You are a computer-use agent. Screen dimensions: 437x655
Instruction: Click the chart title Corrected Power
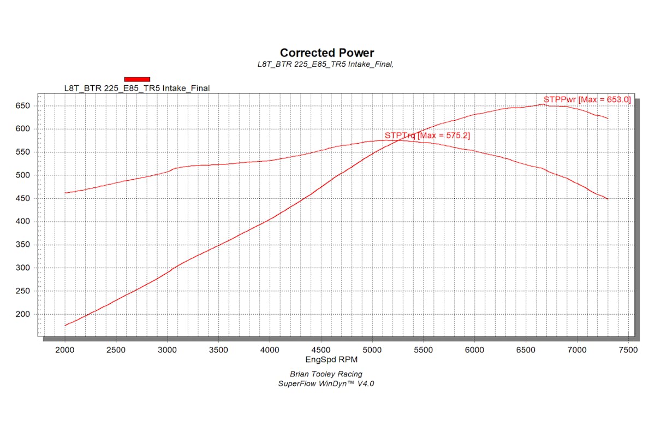coord(327,53)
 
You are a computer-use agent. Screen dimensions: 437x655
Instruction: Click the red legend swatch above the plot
coord(137,79)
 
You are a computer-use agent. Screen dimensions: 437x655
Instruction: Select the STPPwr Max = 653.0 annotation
coord(587,99)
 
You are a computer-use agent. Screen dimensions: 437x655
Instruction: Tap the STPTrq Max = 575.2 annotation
coord(427,135)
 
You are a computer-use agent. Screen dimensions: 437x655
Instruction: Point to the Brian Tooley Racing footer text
coord(327,374)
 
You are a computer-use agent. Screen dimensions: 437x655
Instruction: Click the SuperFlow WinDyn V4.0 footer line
coord(327,383)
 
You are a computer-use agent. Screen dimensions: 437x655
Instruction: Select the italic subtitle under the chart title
coord(326,64)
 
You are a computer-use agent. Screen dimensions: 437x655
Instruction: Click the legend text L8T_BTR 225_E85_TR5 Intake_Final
coord(137,88)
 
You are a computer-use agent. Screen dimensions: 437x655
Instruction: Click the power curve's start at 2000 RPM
coord(65,326)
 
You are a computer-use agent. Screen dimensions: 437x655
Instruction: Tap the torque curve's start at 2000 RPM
coord(65,193)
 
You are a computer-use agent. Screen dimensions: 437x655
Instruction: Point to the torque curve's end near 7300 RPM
coord(608,199)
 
